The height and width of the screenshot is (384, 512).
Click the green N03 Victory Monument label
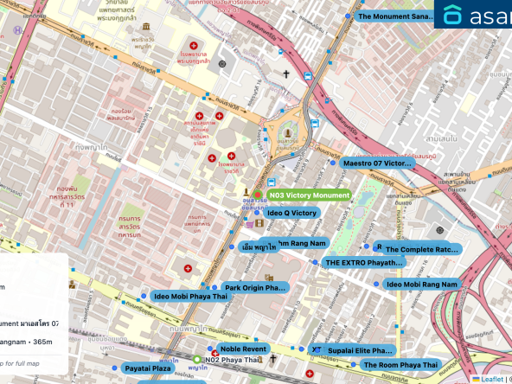pos(309,195)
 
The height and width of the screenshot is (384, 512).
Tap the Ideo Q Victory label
pos(291,213)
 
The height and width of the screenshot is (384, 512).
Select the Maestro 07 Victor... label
pos(377,163)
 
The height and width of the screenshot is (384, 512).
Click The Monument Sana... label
pos(394,16)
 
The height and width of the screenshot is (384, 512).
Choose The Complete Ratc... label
pos(422,250)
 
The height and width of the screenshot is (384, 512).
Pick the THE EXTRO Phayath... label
pos(363,262)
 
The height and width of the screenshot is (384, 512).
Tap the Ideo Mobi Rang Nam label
pos(421,284)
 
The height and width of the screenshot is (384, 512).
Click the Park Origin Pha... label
pos(255,287)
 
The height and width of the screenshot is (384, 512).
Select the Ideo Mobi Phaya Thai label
pos(190,297)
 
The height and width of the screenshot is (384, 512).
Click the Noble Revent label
pos(243,349)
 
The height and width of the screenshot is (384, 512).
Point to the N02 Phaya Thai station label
pos(232,360)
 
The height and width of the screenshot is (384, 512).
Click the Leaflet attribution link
pos(492,379)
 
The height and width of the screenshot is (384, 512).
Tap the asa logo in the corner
pos(473,15)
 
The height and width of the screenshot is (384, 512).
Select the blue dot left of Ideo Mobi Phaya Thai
pos(144,296)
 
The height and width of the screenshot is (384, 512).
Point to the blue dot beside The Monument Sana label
pos(348,16)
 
